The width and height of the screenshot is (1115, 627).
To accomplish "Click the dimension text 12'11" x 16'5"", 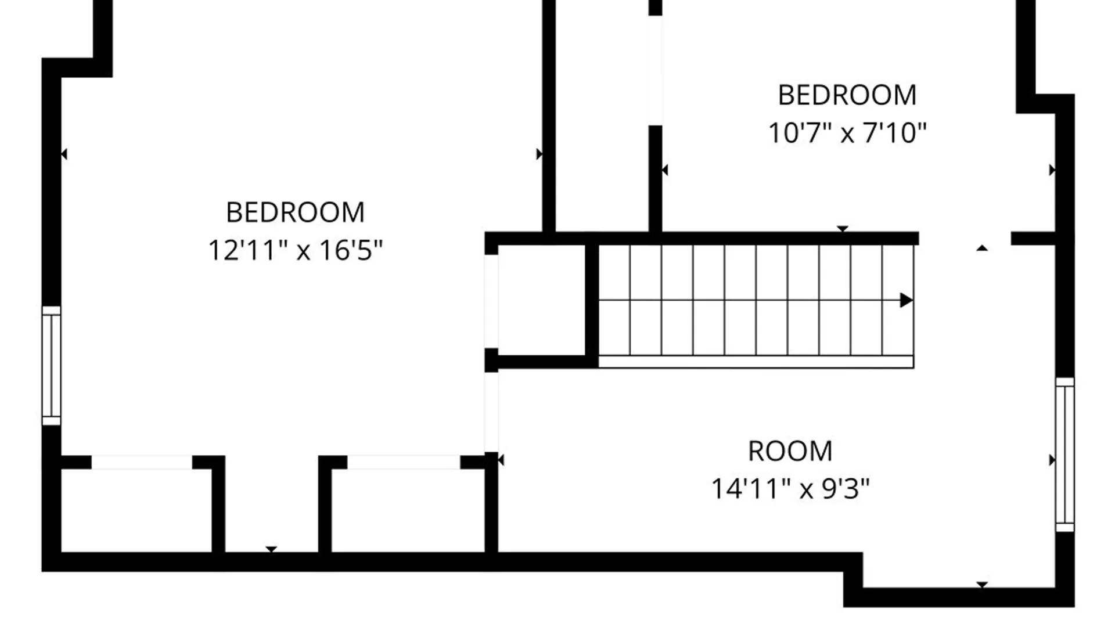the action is pos(296,251).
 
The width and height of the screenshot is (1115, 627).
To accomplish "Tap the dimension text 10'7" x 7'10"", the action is pos(847,133).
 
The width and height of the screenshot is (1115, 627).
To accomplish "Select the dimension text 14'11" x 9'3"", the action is pos(790,489).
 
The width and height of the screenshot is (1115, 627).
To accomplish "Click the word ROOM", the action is pos(790,451).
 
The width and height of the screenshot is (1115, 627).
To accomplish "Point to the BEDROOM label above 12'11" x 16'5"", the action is pos(296,212).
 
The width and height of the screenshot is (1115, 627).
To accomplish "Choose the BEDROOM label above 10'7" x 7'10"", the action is pos(847,95).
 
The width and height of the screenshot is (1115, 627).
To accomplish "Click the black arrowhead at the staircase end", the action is pos(906,300).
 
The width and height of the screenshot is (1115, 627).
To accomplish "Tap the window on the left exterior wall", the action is pos(51,366).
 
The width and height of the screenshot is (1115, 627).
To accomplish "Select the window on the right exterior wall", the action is pos(1065,455).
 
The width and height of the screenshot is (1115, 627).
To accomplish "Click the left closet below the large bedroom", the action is pos(136,510).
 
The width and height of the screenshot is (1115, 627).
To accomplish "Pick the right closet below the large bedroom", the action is pos(408,510).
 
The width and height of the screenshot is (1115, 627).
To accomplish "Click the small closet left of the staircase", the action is pos(541,300).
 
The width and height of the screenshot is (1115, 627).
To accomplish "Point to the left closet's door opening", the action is pos(142,462).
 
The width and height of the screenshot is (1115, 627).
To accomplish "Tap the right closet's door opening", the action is pos(404,462).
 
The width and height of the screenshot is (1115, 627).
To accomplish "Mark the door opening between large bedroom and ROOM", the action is pos(491,412).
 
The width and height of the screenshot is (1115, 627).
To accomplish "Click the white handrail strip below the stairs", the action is pos(756,362).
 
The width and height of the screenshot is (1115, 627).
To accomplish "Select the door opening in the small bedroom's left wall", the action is pos(655,70).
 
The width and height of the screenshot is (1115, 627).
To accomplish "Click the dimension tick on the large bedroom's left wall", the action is pos(64,154).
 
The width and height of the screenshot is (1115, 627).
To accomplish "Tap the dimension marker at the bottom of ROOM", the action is pos(982,585).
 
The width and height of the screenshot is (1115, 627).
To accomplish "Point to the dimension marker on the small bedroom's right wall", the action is pos(1052,170).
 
